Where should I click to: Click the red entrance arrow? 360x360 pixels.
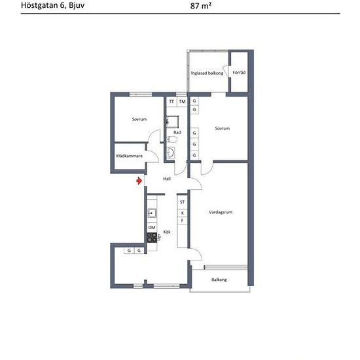pyautogui.click(x=139, y=181)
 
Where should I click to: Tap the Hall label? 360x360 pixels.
pyautogui.click(x=167, y=179)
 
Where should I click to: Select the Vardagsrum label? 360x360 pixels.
pyautogui.click(x=221, y=212)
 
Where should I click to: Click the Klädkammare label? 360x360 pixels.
pyautogui.click(x=129, y=156)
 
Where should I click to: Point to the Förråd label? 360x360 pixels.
pyautogui.click(x=239, y=72)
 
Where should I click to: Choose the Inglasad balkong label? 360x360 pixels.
pyautogui.click(x=207, y=73)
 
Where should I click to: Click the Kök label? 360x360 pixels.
pyautogui.click(x=167, y=232)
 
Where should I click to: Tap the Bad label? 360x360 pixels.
pyautogui.click(x=177, y=132)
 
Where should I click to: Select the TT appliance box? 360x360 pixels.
pyautogui.click(x=171, y=101)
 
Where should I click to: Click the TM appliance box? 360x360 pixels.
pyautogui.click(x=183, y=101)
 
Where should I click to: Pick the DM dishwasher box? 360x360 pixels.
pyautogui.click(x=152, y=227)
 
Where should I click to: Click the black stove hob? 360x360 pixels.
pyautogui.click(x=152, y=238)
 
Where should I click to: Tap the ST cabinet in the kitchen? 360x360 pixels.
pyautogui.click(x=183, y=202)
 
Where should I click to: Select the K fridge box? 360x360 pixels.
pyautogui.click(x=183, y=213)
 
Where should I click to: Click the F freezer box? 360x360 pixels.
pyautogui.click(x=183, y=221)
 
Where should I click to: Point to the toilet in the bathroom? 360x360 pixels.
pyautogui.click(x=172, y=139)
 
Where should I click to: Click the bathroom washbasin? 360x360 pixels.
pyautogui.click(x=171, y=153)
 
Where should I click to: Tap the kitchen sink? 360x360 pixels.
pyautogui.click(x=152, y=213)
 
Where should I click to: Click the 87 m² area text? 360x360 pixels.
pyautogui.click(x=201, y=6)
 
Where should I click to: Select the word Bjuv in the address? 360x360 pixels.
pyautogui.click(x=77, y=5)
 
